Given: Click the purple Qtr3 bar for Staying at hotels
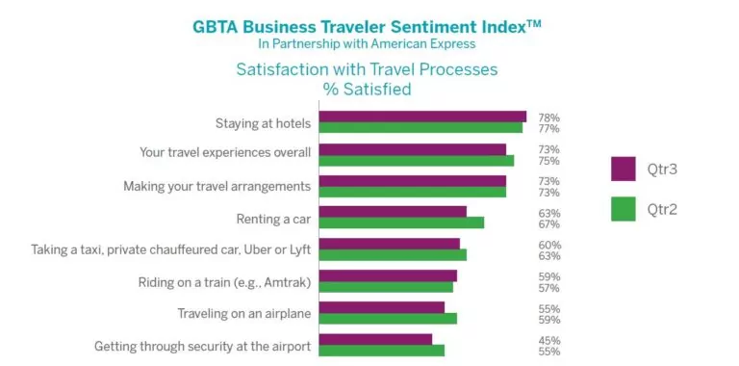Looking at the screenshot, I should (422, 117).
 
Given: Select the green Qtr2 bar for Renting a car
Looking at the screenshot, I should (401, 222).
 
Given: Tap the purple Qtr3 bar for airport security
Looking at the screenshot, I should (375, 339).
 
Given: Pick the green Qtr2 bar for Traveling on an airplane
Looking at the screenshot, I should (388, 318).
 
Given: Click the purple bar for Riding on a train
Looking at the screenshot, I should (388, 275).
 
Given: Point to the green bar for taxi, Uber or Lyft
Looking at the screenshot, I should (393, 254).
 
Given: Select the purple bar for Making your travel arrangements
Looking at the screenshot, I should (412, 180).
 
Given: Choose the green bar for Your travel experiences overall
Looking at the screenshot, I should (417, 160).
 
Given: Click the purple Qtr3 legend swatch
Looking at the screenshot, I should (624, 169).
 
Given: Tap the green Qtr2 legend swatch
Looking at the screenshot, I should (624, 208).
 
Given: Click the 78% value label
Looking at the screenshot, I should (548, 118).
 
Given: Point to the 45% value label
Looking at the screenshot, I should (548, 340).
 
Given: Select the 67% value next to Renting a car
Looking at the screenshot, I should (548, 224).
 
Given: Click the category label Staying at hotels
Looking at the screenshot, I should (263, 123).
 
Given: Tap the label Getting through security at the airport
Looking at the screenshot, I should (202, 346).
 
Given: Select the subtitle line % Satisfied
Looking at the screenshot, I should (367, 90).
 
